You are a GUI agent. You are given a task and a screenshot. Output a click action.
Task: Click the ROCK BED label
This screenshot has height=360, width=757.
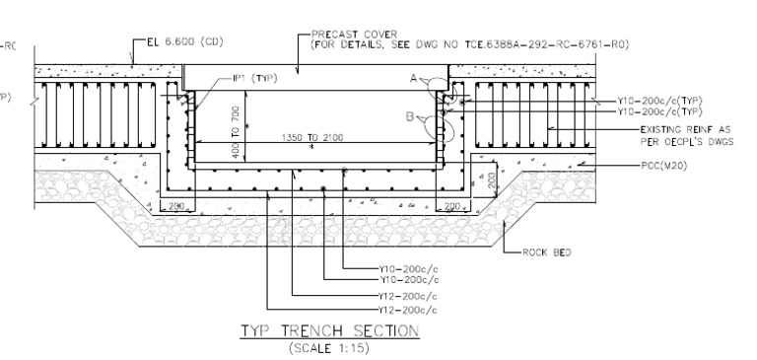point(546,252)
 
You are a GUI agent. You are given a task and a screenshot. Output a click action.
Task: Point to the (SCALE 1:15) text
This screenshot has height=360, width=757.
point(330,347)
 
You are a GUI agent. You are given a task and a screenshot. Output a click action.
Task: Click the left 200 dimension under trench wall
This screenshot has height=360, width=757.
point(174,206)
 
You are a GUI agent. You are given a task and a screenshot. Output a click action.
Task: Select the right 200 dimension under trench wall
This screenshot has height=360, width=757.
point(452,206)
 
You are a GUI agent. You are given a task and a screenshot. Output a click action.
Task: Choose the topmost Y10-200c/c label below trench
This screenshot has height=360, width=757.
point(408,268)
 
